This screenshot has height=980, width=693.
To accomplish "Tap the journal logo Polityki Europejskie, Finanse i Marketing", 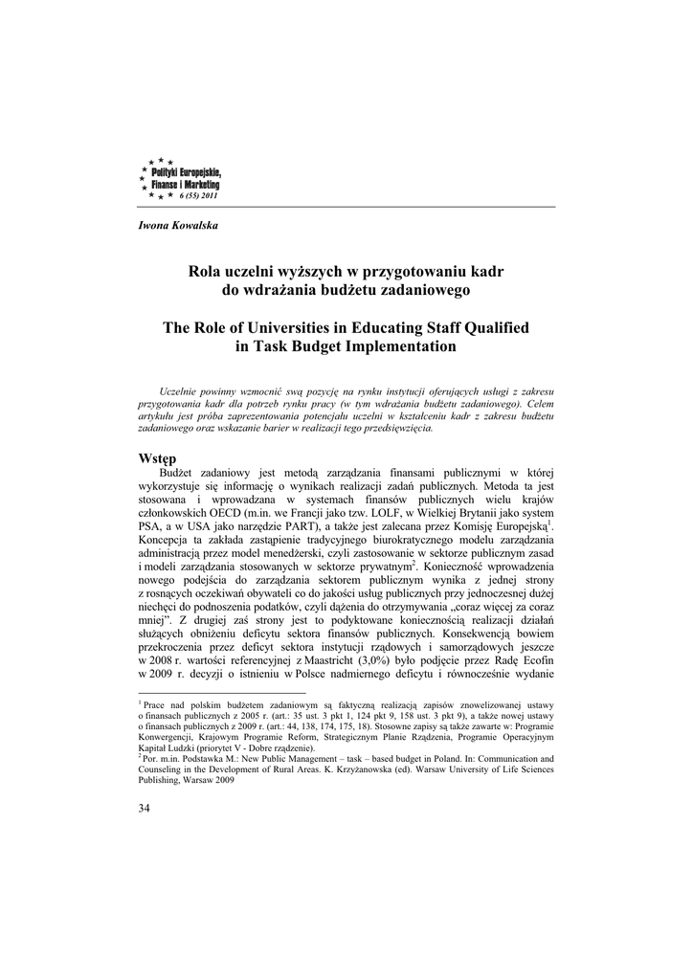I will [x=180, y=176].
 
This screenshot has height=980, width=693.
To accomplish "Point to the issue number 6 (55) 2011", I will [x=199, y=195].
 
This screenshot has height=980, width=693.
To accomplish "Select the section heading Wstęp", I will [x=158, y=458].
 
